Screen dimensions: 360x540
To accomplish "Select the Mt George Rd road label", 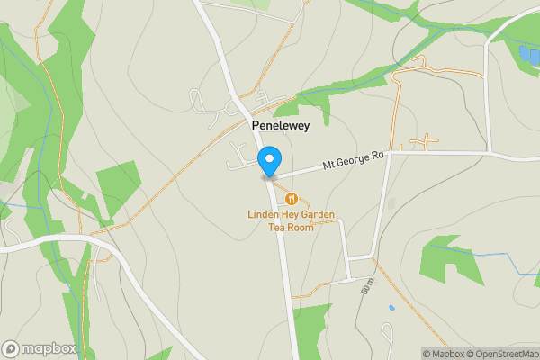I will (x=354, y=160).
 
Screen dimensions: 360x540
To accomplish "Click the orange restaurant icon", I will (x=291, y=198).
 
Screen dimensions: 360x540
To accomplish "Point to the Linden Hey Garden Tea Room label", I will (x=292, y=220).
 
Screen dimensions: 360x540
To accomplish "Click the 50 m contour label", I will (x=367, y=287).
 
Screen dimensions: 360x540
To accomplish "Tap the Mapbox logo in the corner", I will (x=39, y=348).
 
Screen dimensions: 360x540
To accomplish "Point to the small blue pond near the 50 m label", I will (x=391, y=308).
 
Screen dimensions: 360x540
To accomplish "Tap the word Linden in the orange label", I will (x=265, y=214).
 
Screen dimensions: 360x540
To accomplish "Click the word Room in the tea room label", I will (x=301, y=227).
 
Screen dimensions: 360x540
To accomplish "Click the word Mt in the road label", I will (x=329, y=166).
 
